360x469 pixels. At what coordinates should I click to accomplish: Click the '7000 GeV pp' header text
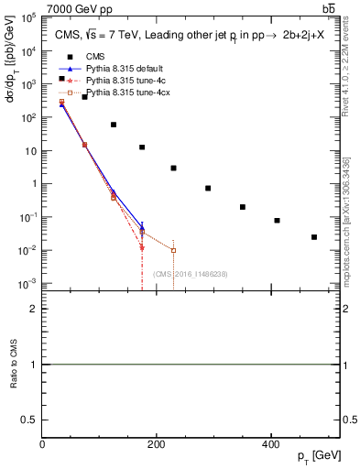(73, 8)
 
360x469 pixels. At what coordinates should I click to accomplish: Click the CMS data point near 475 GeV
(314, 237)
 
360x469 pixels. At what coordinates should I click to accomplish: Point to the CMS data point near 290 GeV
(209, 188)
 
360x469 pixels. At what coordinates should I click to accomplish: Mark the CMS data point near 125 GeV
(114, 125)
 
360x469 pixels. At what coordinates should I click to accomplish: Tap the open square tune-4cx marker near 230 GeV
(173, 250)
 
